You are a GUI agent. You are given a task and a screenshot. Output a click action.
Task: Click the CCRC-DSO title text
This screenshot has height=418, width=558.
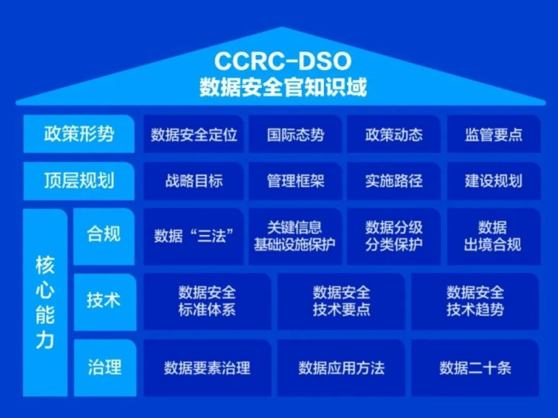[x=283, y=61]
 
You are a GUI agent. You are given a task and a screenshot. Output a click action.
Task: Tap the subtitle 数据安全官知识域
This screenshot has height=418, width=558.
[x=283, y=87]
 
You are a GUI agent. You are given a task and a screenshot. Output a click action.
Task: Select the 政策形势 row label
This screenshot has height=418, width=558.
[x=79, y=134]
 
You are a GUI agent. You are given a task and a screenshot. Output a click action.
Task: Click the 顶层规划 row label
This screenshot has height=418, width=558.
[x=79, y=181]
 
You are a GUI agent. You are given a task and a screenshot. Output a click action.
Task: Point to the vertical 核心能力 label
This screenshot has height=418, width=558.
[x=45, y=303]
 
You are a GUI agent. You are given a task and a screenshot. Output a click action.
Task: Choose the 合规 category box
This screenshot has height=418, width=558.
[x=104, y=236]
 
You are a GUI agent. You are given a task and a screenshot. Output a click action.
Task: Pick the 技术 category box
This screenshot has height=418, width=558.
[x=105, y=301]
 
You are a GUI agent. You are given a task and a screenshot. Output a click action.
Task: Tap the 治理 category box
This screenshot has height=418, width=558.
[x=105, y=367]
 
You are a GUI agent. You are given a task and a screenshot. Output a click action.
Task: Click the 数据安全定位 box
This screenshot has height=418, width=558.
[x=194, y=134]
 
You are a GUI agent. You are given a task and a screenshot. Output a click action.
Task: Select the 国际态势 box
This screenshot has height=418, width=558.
[x=295, y=134]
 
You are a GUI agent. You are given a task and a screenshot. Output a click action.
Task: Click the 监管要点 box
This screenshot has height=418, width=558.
[x=494, y=134]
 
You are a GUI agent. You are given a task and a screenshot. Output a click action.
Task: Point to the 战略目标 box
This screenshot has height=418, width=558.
[x=194, y=181]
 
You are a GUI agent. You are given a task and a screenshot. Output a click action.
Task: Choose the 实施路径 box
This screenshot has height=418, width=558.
[x=394, y=181]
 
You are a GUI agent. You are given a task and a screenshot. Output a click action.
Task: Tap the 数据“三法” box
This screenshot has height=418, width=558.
[x=194, y=236]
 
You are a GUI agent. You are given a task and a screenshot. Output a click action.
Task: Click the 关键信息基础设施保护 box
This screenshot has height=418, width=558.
[x=295, y=236]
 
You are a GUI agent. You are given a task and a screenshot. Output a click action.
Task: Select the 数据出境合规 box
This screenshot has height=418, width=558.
[x=494, y=236]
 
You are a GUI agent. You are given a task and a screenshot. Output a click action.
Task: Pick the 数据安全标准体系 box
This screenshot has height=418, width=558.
[x=207, y=301]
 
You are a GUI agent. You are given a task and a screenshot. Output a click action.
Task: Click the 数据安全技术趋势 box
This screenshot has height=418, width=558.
[x=475, y=301]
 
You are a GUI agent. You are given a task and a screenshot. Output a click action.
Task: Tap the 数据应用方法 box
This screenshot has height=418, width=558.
[x=341, y=367]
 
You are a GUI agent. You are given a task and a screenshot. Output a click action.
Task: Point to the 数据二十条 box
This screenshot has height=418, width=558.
[x=475, y=367]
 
